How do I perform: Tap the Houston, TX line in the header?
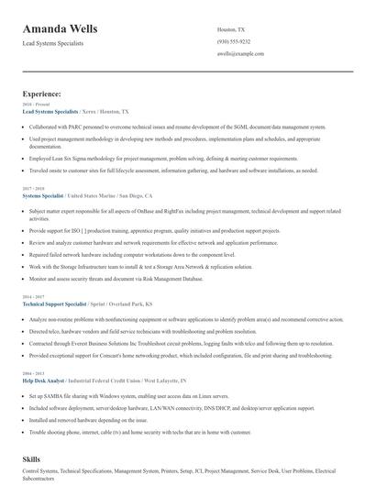click(x=231, y=29)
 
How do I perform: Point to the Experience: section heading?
click(x=42, y=94)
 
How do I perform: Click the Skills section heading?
click(x=33, y=456)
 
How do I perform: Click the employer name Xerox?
click(x=91, y=111)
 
